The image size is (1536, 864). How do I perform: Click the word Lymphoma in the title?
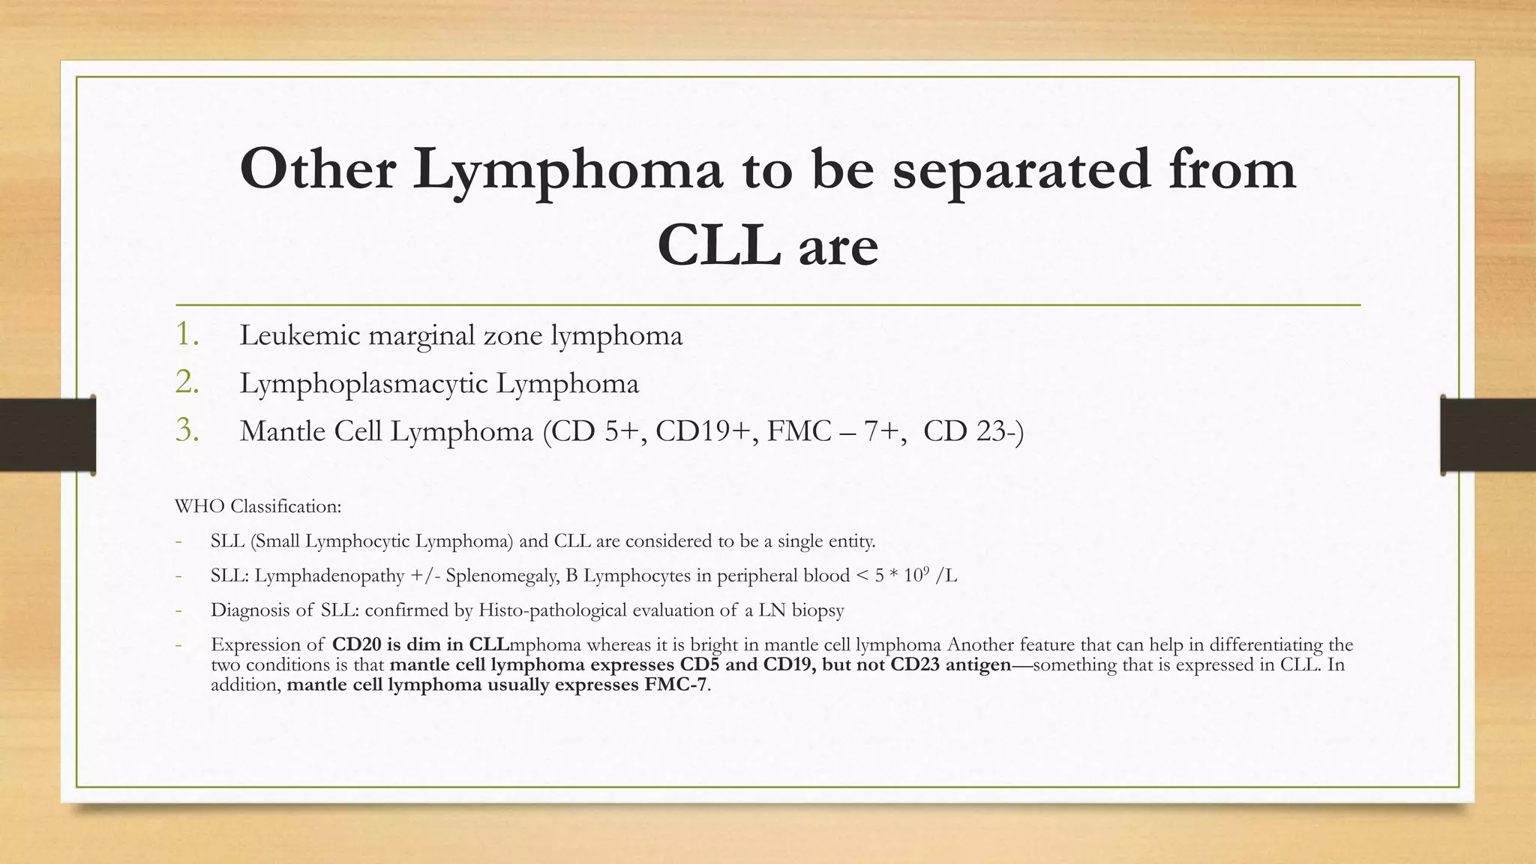point(568,170)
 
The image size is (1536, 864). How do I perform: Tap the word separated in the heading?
point(1020,170)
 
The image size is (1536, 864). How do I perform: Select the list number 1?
point(187,334)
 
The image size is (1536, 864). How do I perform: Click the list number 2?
point(187,382)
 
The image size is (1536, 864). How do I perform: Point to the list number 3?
point(187,430)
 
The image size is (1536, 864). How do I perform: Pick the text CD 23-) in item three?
point(973,431)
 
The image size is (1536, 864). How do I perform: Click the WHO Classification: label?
point(258,506)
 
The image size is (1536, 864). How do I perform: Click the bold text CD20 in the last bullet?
point(356,644)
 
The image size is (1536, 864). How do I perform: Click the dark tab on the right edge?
point(1488,435)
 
